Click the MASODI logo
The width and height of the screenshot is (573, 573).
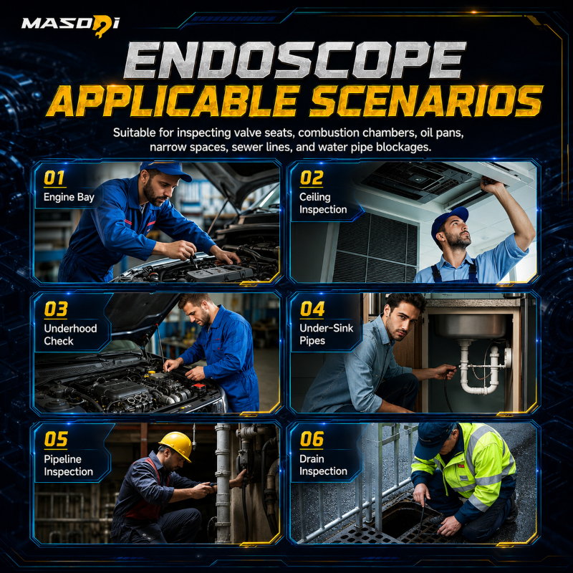point(70,26)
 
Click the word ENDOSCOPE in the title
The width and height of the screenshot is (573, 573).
point(294,60)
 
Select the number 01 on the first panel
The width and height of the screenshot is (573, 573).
point(54,178)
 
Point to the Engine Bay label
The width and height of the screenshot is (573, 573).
point(69,198)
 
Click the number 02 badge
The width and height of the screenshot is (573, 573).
point(312,178)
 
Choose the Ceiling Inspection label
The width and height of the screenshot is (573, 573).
point(323,203)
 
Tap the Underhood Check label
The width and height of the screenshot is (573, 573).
point(70,334)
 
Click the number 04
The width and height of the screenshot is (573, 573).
point(312,309)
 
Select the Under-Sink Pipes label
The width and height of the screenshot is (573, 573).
point(327,334)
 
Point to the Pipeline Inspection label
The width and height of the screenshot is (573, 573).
point(68,465)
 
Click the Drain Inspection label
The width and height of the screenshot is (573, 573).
point(323,465)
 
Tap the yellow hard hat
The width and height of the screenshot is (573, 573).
point(176,445)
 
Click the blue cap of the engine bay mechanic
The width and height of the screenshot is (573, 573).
point(166,170)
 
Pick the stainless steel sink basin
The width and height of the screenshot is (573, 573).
point(471,325)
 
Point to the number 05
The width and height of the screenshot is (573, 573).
point(56,439)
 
